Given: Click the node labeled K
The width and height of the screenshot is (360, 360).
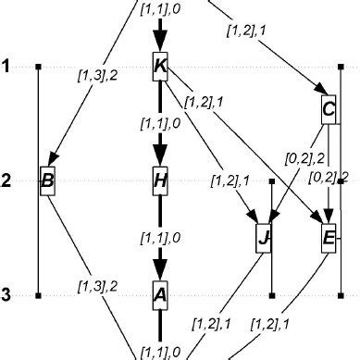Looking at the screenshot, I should coord(159,67).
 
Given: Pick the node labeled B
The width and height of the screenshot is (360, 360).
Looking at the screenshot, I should coord(48,180).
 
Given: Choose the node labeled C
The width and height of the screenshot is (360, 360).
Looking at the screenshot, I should coord(329,110).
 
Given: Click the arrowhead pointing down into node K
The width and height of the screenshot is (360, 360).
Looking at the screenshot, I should coord(159,43).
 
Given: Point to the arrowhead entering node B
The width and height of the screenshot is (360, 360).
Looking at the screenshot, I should coord(55,161).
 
